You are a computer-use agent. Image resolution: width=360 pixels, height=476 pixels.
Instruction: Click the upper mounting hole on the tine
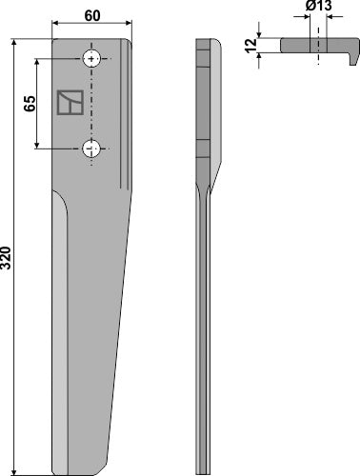point(91,59)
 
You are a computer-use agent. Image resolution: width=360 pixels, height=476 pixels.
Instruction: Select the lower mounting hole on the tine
point(91,149)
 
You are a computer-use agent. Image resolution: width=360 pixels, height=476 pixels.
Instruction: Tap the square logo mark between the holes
point(68,102)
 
